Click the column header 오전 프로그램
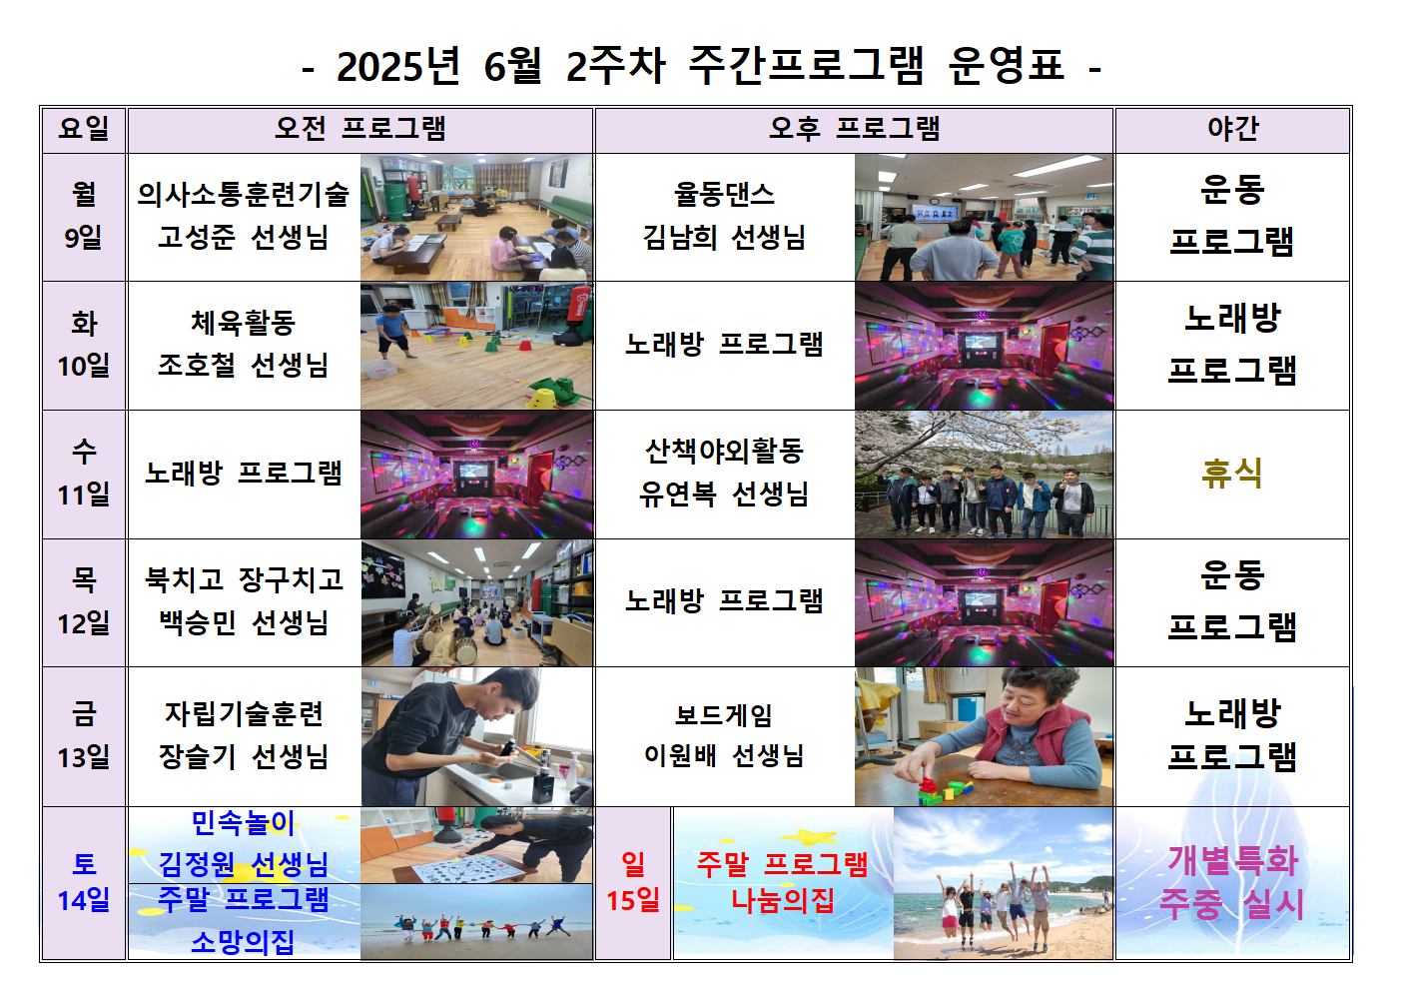[360, 129]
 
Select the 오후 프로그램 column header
[855, 129]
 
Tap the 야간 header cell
[1233, 129]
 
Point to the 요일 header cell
[84, 129]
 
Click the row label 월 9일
[84, 216]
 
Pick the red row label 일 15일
[633, 882]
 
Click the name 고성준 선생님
[244, 237]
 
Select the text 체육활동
[244, 323]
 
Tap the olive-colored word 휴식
[1232, 473]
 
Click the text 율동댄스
[724, 194]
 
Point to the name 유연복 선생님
[724, 495]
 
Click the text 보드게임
[724, 715]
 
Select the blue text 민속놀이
[243, 823]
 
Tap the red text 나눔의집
[783, 901]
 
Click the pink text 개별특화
[1233, 860]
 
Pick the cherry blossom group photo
[984, 475]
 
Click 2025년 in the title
[398, 66]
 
